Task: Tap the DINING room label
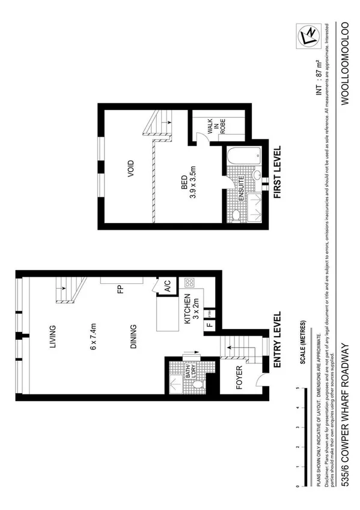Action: [x=133, y=337]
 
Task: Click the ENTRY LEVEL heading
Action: [x=278, y=340]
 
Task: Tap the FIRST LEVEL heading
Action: [x=278, y=172]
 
